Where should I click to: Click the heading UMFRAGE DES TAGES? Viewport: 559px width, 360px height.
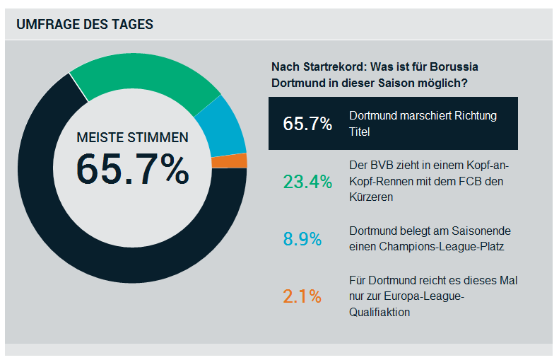(85, 24)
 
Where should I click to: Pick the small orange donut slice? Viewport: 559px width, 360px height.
(239, 161)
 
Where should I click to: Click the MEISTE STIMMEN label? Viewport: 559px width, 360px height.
(132, 137)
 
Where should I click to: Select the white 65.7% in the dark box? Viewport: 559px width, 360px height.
(307, 124)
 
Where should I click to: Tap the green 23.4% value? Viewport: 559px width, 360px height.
(307, 182)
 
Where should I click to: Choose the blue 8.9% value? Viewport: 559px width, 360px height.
(302, 238)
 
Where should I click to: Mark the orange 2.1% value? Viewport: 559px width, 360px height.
(302, 296)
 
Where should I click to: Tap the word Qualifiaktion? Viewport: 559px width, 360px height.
(380, 311)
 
